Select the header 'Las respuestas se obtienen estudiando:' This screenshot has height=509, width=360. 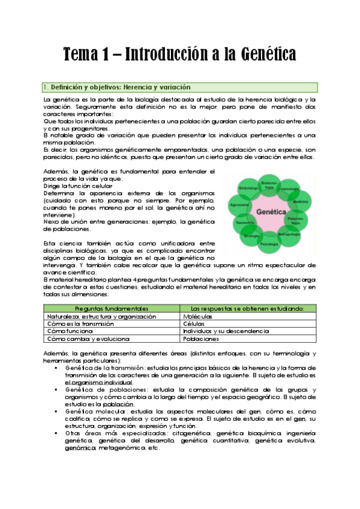tap(247, 308)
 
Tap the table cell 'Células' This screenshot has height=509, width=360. tap(193, 324)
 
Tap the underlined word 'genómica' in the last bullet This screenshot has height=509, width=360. tap(80, 448)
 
